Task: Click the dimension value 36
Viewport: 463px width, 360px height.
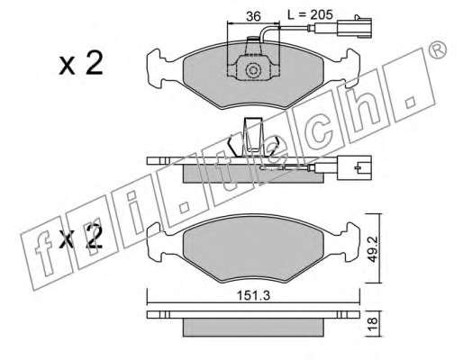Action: tap(253, 16)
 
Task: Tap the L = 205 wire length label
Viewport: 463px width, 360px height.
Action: tap(310, 14)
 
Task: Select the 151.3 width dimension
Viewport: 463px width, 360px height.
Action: tap(254, 296)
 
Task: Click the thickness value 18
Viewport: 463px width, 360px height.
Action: tap(372, 324)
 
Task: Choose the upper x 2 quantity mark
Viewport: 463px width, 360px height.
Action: tap(81, 64)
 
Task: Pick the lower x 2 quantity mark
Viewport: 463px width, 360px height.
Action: tap(81, 237)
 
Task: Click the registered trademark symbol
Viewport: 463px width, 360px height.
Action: tap(437, 49)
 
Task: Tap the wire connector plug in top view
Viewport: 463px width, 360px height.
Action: tap(355, 28)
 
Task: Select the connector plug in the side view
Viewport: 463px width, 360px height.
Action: tap(354, 167)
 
